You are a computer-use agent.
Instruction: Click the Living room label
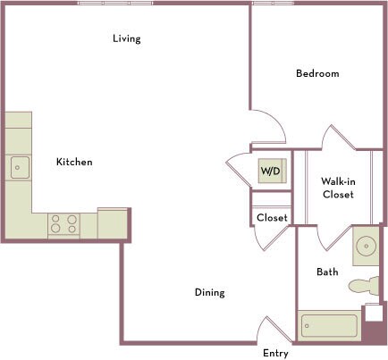[x=126, y=38]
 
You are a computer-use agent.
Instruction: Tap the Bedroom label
[x=317, y=73]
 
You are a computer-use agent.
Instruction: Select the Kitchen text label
[x=74, y=162]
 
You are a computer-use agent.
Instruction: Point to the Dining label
[x=210, y=292]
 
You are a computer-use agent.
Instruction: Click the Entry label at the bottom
[x=275, y=353]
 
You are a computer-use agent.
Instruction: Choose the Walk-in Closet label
[x=338, y=188]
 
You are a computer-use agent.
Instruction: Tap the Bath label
[x=327, y=272]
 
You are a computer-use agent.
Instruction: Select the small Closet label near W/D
[x=272, y=217]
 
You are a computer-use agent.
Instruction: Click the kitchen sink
[x=20, y=166]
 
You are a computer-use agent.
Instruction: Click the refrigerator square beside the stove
[x=113, y=223]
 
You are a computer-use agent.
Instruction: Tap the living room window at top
[x=115, y=4]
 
